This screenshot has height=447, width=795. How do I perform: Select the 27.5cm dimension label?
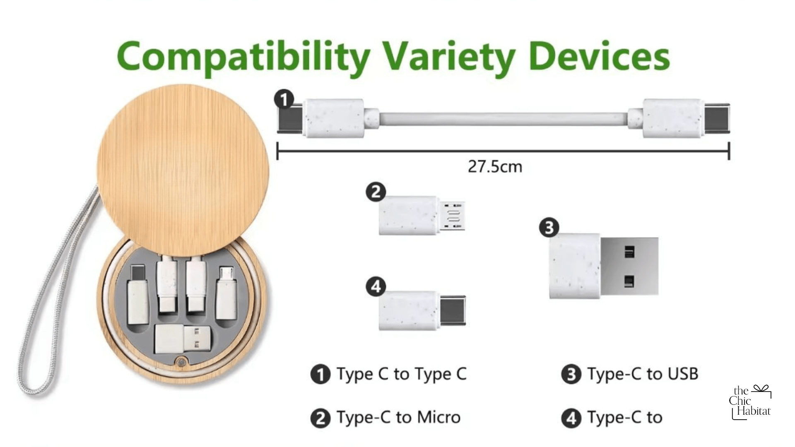[x=495, y=167]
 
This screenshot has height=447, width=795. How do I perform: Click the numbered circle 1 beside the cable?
[x=284, y=100]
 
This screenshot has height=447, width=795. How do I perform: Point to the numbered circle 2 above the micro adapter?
[x=376, y=192]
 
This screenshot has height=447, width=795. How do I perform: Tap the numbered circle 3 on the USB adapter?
[x=549, y=228]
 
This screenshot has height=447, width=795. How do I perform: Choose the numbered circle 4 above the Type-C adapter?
[x=376, y=286]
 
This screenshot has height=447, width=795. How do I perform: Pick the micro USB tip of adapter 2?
[x=452, y=215]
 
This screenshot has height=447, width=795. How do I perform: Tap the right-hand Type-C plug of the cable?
[x=717, y=118]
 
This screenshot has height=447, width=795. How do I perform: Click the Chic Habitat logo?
[x=750, y=402]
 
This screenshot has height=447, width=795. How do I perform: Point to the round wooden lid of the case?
[x=183, y=171]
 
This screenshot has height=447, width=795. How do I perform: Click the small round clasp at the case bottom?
[x=181, y=362]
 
